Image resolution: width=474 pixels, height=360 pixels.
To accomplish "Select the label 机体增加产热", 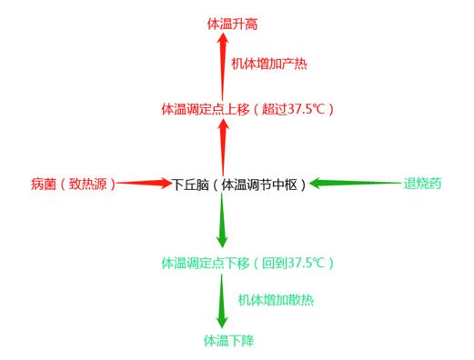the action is (268, 65).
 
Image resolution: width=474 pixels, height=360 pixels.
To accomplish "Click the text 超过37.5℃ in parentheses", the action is (297, 110).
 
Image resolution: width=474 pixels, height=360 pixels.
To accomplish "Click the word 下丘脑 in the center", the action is (191, 184).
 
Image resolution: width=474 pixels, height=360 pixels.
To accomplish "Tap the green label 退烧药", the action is (422, 184).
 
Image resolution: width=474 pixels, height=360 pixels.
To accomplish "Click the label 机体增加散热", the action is (276, 299).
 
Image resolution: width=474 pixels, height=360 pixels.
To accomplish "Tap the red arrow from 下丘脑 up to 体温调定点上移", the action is (222, 145).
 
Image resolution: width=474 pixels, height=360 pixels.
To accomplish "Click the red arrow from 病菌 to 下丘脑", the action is (146, 184).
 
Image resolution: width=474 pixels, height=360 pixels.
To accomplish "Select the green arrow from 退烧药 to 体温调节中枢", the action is (355, 184).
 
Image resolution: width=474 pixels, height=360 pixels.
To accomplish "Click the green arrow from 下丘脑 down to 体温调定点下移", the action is (222, 222).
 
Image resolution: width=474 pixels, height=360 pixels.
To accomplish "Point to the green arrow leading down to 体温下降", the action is (222, 302).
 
